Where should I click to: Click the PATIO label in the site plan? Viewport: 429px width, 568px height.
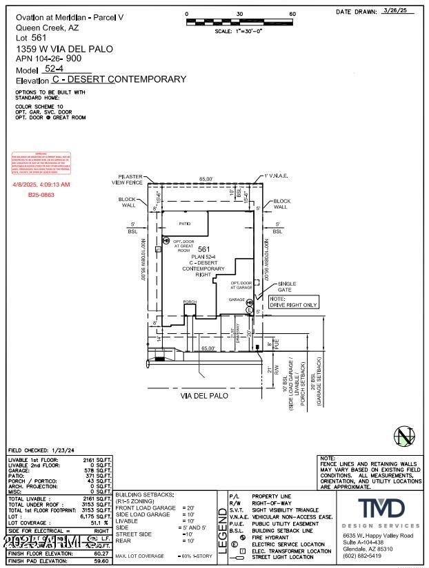(x=184, y=224)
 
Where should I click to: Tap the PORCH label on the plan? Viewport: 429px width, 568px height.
(x=190, y=302)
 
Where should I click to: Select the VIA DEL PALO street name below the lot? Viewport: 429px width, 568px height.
(x=204, y=396)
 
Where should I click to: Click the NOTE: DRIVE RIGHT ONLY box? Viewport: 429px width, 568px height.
(x=294, y=302)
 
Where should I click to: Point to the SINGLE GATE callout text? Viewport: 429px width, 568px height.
(x=288, y=286)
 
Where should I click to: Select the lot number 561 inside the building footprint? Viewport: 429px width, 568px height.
(x=203, y=249)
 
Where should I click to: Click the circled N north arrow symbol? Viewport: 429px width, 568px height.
(x=403, y=436)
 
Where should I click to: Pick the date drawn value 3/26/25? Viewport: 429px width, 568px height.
(x=394, y=12)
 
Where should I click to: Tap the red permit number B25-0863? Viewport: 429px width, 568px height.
(x=41, y=195)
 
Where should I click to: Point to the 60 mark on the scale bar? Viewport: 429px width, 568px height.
(x=292, y=14)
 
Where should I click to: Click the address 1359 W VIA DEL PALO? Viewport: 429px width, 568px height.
(x=63, y=50)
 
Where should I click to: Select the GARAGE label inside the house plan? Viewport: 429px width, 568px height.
(x=237, y=300)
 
